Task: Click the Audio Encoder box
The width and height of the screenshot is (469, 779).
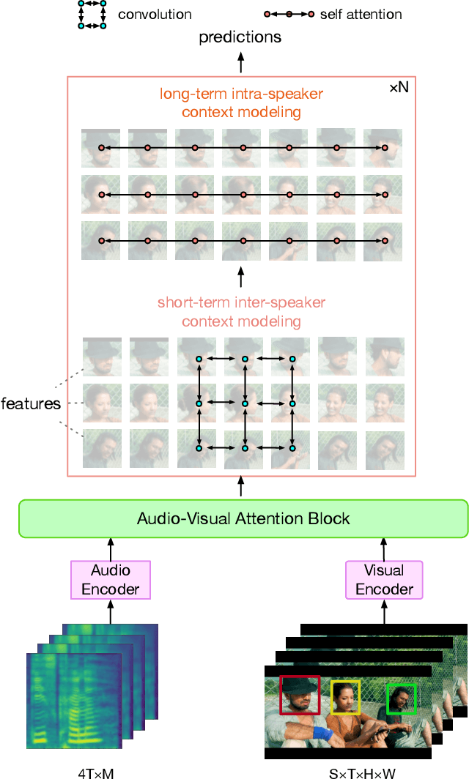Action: (111, 579)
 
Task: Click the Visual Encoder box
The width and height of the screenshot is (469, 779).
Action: (384, 579)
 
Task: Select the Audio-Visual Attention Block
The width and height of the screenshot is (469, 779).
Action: (243, 519)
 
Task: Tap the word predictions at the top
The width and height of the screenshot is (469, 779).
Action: (240, 37)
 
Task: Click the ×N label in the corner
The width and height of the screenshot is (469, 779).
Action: (398, 88)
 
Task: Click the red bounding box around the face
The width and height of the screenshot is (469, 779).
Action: (300, 695)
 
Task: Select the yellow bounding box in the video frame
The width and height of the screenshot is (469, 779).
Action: (345, 697)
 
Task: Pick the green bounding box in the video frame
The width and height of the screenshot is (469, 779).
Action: (401, 698)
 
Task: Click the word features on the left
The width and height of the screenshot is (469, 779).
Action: (31, 403)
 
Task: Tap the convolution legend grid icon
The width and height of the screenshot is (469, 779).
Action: (92, 15)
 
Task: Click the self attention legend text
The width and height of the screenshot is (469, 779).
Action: (361, 15)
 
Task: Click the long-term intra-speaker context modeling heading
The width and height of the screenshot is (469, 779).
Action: (241, 103)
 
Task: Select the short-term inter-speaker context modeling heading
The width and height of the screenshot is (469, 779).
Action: (241, 312)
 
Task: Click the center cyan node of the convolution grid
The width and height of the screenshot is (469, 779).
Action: (245, 403)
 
